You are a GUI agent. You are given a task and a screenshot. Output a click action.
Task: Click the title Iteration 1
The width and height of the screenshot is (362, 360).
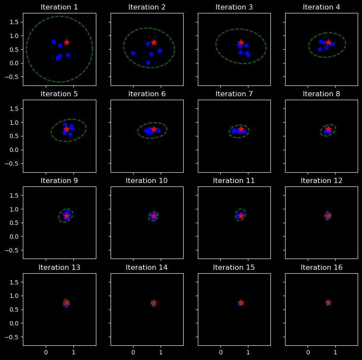tap(59, 7)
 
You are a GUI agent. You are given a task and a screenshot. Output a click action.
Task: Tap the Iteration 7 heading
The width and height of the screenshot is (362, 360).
tap(234, 94)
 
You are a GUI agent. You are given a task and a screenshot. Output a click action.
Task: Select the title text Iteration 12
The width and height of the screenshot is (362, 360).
tap(321, 180)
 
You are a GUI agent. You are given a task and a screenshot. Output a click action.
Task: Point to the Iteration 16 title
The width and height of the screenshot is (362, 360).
tap(321, 267)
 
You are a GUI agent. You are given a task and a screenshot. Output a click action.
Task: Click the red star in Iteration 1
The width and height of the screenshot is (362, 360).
tap(67, 42)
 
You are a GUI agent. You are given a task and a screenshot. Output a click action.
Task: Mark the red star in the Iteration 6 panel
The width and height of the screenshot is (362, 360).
tap(154, 129)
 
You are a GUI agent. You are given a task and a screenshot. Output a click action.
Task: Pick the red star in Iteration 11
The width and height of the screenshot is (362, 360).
tap(241, 216)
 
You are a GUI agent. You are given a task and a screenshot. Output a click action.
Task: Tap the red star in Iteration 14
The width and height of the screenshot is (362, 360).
tap(154, 303)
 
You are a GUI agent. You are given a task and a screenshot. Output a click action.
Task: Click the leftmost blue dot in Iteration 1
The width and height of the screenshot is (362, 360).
tap(54, 42)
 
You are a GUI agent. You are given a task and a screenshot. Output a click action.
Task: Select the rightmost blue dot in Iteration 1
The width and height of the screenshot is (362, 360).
tap(68, 55)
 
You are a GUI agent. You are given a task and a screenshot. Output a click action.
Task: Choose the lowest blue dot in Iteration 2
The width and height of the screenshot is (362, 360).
tap(148, 63)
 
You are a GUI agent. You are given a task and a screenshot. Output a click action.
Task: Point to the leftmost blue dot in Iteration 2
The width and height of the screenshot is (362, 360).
tap(133, 53)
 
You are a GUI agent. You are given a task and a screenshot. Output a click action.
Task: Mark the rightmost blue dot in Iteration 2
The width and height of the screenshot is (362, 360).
tap(160, 51)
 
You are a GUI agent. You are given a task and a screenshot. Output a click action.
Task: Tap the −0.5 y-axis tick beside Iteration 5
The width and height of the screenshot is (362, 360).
tap(13, 164)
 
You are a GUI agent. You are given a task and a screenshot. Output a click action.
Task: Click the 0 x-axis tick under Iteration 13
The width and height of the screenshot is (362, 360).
tap(46, 352)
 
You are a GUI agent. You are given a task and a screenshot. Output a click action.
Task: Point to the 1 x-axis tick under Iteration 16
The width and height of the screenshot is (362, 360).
tap(335, 352)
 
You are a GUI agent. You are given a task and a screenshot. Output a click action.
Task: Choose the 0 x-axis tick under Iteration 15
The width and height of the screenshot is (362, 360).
tap(220, 352)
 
